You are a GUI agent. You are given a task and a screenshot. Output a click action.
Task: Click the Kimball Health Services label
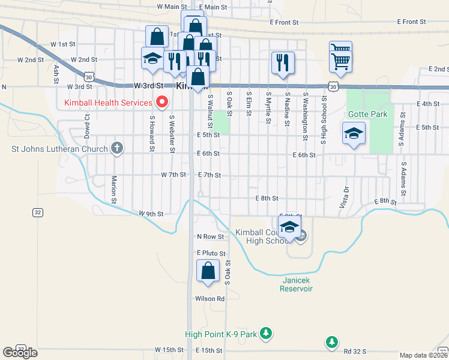[x=108, y=103]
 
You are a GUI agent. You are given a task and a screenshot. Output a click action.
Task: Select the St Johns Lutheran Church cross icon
[x=117, y=148]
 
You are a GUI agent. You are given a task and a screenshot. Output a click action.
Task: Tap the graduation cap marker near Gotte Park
[x=354, y=133]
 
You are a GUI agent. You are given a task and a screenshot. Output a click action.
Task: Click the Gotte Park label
[x=367, y=114]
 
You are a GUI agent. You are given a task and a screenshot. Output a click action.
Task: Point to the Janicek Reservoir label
[x=296, y=284]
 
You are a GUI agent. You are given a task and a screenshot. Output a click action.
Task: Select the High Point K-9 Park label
[x=220, y=333]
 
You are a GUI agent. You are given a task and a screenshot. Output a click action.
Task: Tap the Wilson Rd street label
[x=209, y=298]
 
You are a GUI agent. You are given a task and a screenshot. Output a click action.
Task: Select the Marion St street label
[x=113, y=189]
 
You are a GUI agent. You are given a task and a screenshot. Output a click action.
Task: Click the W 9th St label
[x=151, y=213]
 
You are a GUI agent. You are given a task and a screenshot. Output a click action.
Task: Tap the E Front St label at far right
[x=411, y=22]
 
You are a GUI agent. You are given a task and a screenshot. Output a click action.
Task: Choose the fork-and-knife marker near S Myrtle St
[x=282, y=62]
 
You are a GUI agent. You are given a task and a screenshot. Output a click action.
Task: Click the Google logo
[x=20, y=352]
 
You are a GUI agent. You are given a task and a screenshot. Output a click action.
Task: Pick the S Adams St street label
[x=403, y=172]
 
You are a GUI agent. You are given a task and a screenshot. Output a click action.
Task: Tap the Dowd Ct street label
[x=88, y=126]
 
